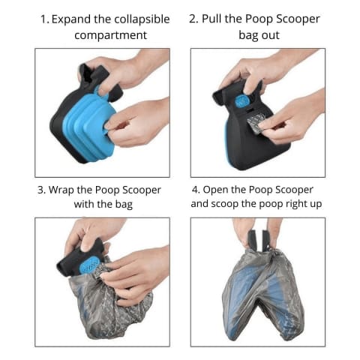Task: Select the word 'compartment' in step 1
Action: pos(110,35)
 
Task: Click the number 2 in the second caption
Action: pos(193,19)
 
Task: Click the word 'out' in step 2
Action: pos(271,35)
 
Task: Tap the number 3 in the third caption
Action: pos(41,190)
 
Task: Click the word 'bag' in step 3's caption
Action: pos(124,205)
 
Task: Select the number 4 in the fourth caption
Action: pos(196,190)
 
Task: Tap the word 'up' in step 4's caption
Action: pos(316,205)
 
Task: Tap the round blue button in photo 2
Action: pos(241,102)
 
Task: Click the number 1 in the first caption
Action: pos(44,19)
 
